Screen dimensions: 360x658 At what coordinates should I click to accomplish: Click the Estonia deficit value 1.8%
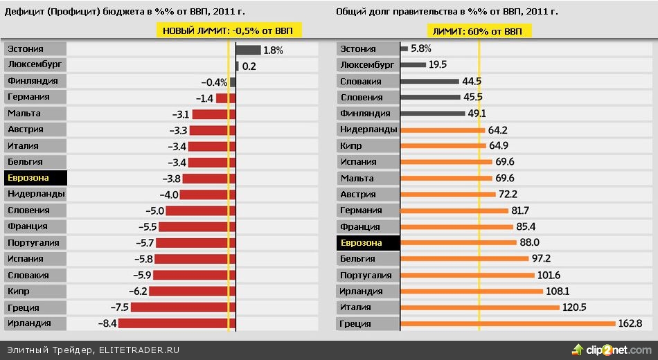tap(274, 50)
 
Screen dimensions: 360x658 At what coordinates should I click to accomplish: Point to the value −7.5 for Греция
tap(119, 307)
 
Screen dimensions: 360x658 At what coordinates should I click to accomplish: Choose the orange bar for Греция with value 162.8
tap(508, 323)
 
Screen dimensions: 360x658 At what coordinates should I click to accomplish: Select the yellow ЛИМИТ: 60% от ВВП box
tap(477, 31)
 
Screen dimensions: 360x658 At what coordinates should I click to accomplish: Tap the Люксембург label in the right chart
tap(368, 65)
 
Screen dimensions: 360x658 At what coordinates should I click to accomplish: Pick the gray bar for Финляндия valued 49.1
tap(433, 114)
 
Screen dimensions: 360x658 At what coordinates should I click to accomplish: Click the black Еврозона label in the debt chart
tap(368, 243)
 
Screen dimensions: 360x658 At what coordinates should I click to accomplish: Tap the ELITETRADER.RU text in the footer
tap(139, 350)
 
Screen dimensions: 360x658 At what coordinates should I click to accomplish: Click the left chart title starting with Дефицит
tap(125, 12)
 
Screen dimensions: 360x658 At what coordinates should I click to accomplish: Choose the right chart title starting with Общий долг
tap(447, 12)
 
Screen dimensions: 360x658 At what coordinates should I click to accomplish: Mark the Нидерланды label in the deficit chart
tap(35, 195)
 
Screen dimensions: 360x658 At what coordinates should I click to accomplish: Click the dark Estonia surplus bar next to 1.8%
tap(248, 50)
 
